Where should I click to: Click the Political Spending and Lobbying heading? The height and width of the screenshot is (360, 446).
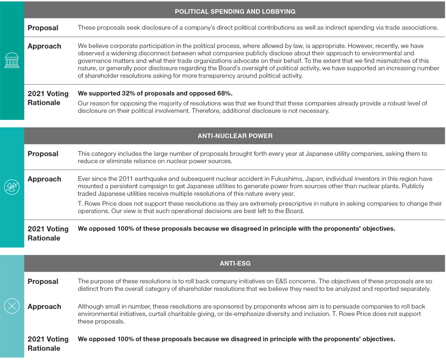(235, 11)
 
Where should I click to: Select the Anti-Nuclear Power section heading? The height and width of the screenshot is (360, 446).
(235, 136)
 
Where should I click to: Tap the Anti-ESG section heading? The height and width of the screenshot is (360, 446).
(235, 263)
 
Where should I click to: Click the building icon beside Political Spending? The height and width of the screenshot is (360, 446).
(12, 60)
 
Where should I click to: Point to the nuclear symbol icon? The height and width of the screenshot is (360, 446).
(12, 187)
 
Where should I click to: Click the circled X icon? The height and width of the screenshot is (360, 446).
(12, 306)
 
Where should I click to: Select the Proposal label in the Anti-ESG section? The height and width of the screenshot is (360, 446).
(43, 281)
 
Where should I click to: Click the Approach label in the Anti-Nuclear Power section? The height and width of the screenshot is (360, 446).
(44, 179)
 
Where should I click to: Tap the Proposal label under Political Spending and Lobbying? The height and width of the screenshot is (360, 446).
(43, 28)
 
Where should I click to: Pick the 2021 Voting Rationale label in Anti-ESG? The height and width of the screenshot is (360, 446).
(48, 344)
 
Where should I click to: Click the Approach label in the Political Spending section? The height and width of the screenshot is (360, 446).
(44, 46)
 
